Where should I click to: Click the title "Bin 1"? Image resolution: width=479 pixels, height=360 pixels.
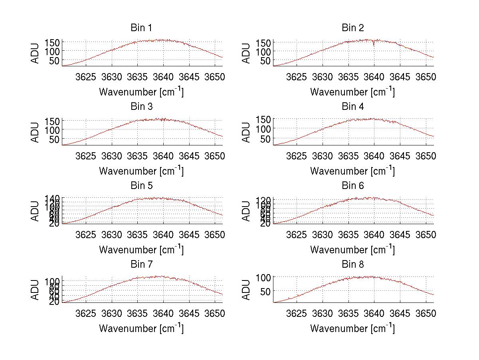pos(141,28)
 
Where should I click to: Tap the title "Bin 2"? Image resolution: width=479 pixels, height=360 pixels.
pos(352,28)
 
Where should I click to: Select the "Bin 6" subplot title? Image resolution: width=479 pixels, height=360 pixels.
pos(352,186)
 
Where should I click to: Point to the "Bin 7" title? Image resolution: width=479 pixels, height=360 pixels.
pos(141,265)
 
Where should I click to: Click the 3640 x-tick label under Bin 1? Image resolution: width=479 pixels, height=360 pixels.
pos(163,77)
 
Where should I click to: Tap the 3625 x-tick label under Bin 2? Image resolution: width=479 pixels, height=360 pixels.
pos(297,77)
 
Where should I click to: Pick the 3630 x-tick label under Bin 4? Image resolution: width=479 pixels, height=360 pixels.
pos(323,155)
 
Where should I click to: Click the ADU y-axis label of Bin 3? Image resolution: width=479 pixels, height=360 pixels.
pos(36,132)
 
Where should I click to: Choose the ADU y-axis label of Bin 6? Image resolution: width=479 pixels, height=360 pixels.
pos(247,211)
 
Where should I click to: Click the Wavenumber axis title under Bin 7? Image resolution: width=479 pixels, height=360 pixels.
pos(141,328)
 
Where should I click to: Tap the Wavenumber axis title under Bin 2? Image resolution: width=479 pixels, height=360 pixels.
pos(352,91)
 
